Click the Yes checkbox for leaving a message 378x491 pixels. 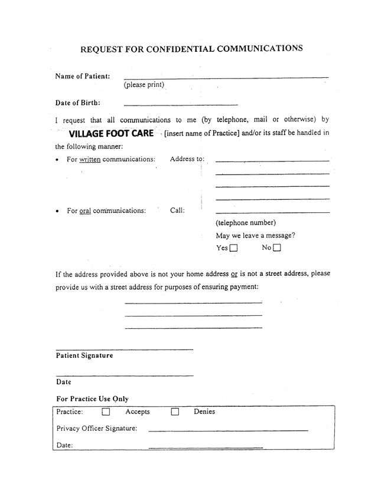click(233, 248)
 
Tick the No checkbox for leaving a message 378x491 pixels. click(277, 248)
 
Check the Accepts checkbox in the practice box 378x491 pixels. click(106, 412)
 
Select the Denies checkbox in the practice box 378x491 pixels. click(175, 412)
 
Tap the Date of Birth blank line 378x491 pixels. click(181, 104)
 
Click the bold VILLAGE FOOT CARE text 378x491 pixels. click(111, 133)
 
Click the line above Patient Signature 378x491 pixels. click(125, 350)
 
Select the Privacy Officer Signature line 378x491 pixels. click(228, 431)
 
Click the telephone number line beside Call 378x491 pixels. click(272, 212)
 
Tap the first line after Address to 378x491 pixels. click(272, 161)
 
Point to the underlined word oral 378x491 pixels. click(85, 210)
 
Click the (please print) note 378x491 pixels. click(144, 85)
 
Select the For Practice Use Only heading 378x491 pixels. click(92, 399)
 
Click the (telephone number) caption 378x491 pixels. click(246, 223)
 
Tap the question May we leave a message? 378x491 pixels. click(256, 235)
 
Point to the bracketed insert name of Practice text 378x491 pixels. click(201, 133)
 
